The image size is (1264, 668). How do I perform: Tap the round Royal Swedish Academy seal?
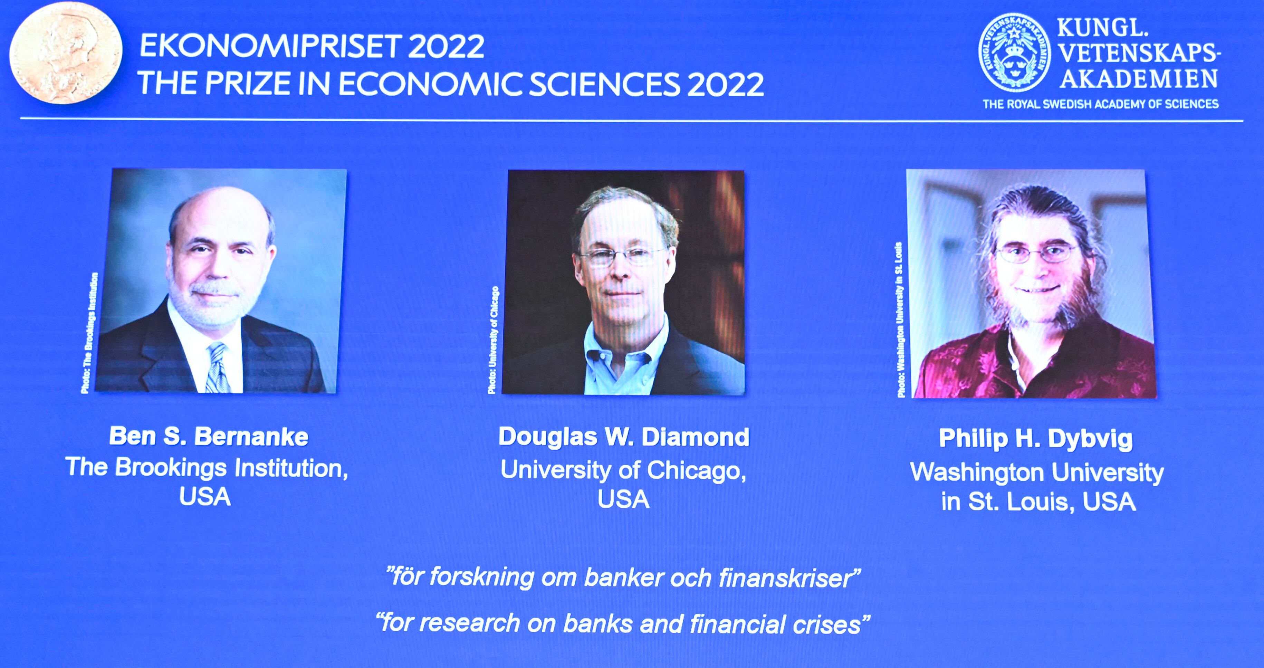click(1015, 53)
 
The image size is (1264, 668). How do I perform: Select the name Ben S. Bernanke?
click(209, 436)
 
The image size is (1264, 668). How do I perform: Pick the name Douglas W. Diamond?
click(624, 437)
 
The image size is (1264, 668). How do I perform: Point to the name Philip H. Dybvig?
click(1036, 438)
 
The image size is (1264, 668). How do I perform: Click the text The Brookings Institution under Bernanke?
click(207, 467)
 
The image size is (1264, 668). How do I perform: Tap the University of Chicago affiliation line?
click(623, 470)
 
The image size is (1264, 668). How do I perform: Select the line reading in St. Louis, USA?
click(1038, 502)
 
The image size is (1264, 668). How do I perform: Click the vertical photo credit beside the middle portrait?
click(494, 340)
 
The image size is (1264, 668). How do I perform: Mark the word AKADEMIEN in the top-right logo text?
click(1138, 78)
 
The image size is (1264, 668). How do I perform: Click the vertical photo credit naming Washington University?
click(900, 320)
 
